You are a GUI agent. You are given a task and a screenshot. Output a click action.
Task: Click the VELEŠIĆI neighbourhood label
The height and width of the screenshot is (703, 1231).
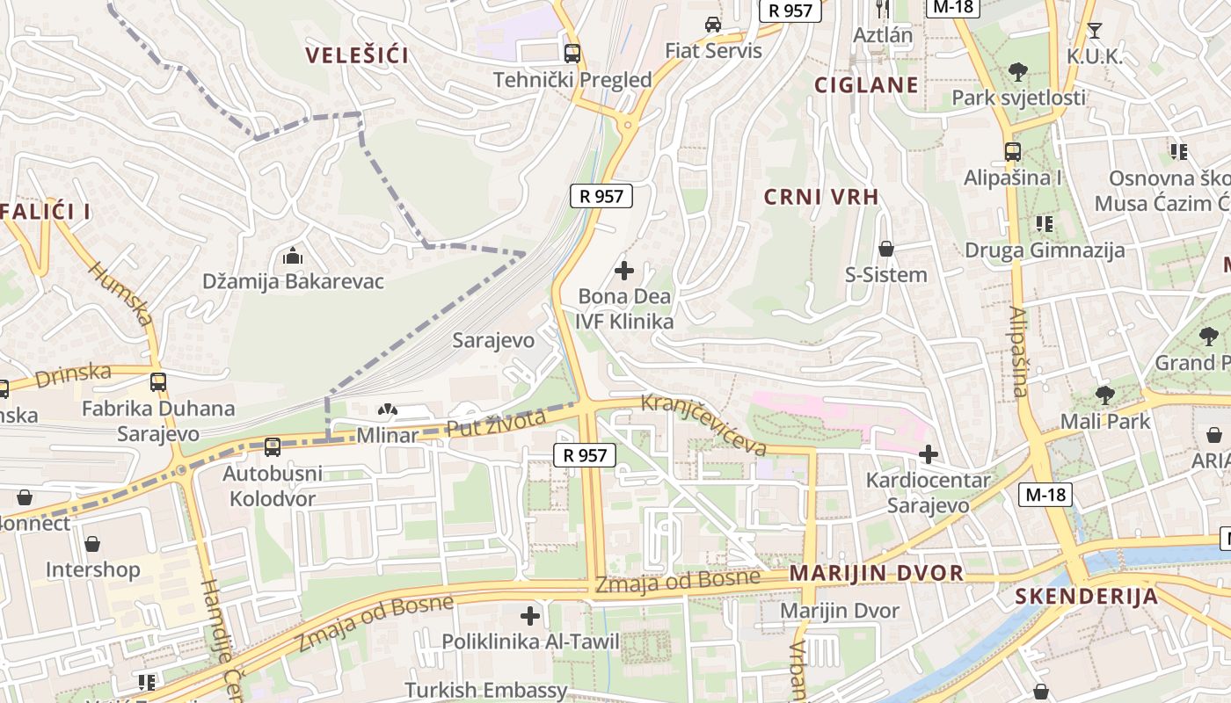click(357, 55)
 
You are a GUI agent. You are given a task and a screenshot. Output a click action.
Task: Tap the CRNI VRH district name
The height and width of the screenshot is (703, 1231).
click(821, 197)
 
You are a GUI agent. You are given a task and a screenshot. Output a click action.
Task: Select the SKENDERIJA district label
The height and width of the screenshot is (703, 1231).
click(1086, 597)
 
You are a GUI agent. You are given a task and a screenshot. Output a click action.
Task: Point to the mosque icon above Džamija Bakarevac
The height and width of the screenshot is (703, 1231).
click(293, 257)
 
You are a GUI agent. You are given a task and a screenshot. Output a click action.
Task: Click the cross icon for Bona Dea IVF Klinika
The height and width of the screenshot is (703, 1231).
click(624, 271)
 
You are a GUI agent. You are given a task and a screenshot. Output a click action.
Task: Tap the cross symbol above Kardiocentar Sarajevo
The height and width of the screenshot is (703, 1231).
click(928, 454)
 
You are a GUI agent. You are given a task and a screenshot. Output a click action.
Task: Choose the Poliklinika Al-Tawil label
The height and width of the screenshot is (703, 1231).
click(530, 641)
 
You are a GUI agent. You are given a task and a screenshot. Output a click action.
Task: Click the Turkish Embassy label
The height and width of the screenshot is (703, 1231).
click(485, 691)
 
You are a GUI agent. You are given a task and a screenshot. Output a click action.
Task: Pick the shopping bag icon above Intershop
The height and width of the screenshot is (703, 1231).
click(92, 544)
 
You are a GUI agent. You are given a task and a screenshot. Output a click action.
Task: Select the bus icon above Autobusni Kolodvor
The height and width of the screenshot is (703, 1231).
click(273, 447)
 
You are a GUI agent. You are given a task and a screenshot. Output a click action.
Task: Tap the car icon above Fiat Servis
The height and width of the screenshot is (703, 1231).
click(713, 25)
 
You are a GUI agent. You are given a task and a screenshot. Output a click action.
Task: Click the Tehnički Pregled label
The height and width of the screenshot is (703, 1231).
click(572, 80)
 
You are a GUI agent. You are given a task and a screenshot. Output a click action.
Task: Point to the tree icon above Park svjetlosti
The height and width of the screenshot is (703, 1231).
click(1018, 71)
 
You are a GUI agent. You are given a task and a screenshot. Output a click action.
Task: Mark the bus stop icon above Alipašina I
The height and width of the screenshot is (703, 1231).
click(1013, 151)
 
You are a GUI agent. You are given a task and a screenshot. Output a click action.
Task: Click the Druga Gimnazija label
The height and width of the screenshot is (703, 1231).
click(1045, 250)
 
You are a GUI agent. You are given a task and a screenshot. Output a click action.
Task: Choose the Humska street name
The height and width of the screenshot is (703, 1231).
click(120, 294)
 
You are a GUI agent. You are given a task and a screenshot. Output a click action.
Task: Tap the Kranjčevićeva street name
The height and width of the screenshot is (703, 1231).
click(703, 424)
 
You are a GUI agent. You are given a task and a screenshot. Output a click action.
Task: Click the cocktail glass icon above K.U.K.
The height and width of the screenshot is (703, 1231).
click(1094, 31)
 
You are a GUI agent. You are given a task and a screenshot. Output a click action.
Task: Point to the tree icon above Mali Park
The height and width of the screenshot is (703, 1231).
click(1104, 395)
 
